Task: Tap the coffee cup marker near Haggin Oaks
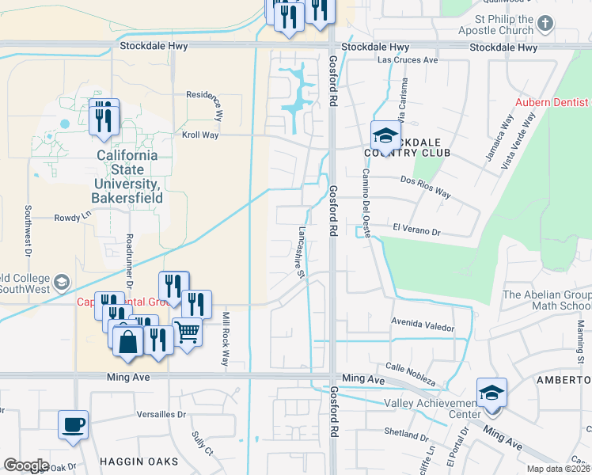pos(73,424)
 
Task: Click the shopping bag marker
pos(127,341)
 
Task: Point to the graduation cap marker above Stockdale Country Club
pos(385,135)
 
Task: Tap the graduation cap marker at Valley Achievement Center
pos(491,393)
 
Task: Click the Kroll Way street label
pos(199,135)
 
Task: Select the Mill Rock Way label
pos(226,338)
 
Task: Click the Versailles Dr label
pos(161,414)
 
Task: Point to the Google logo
pos(26,465)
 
